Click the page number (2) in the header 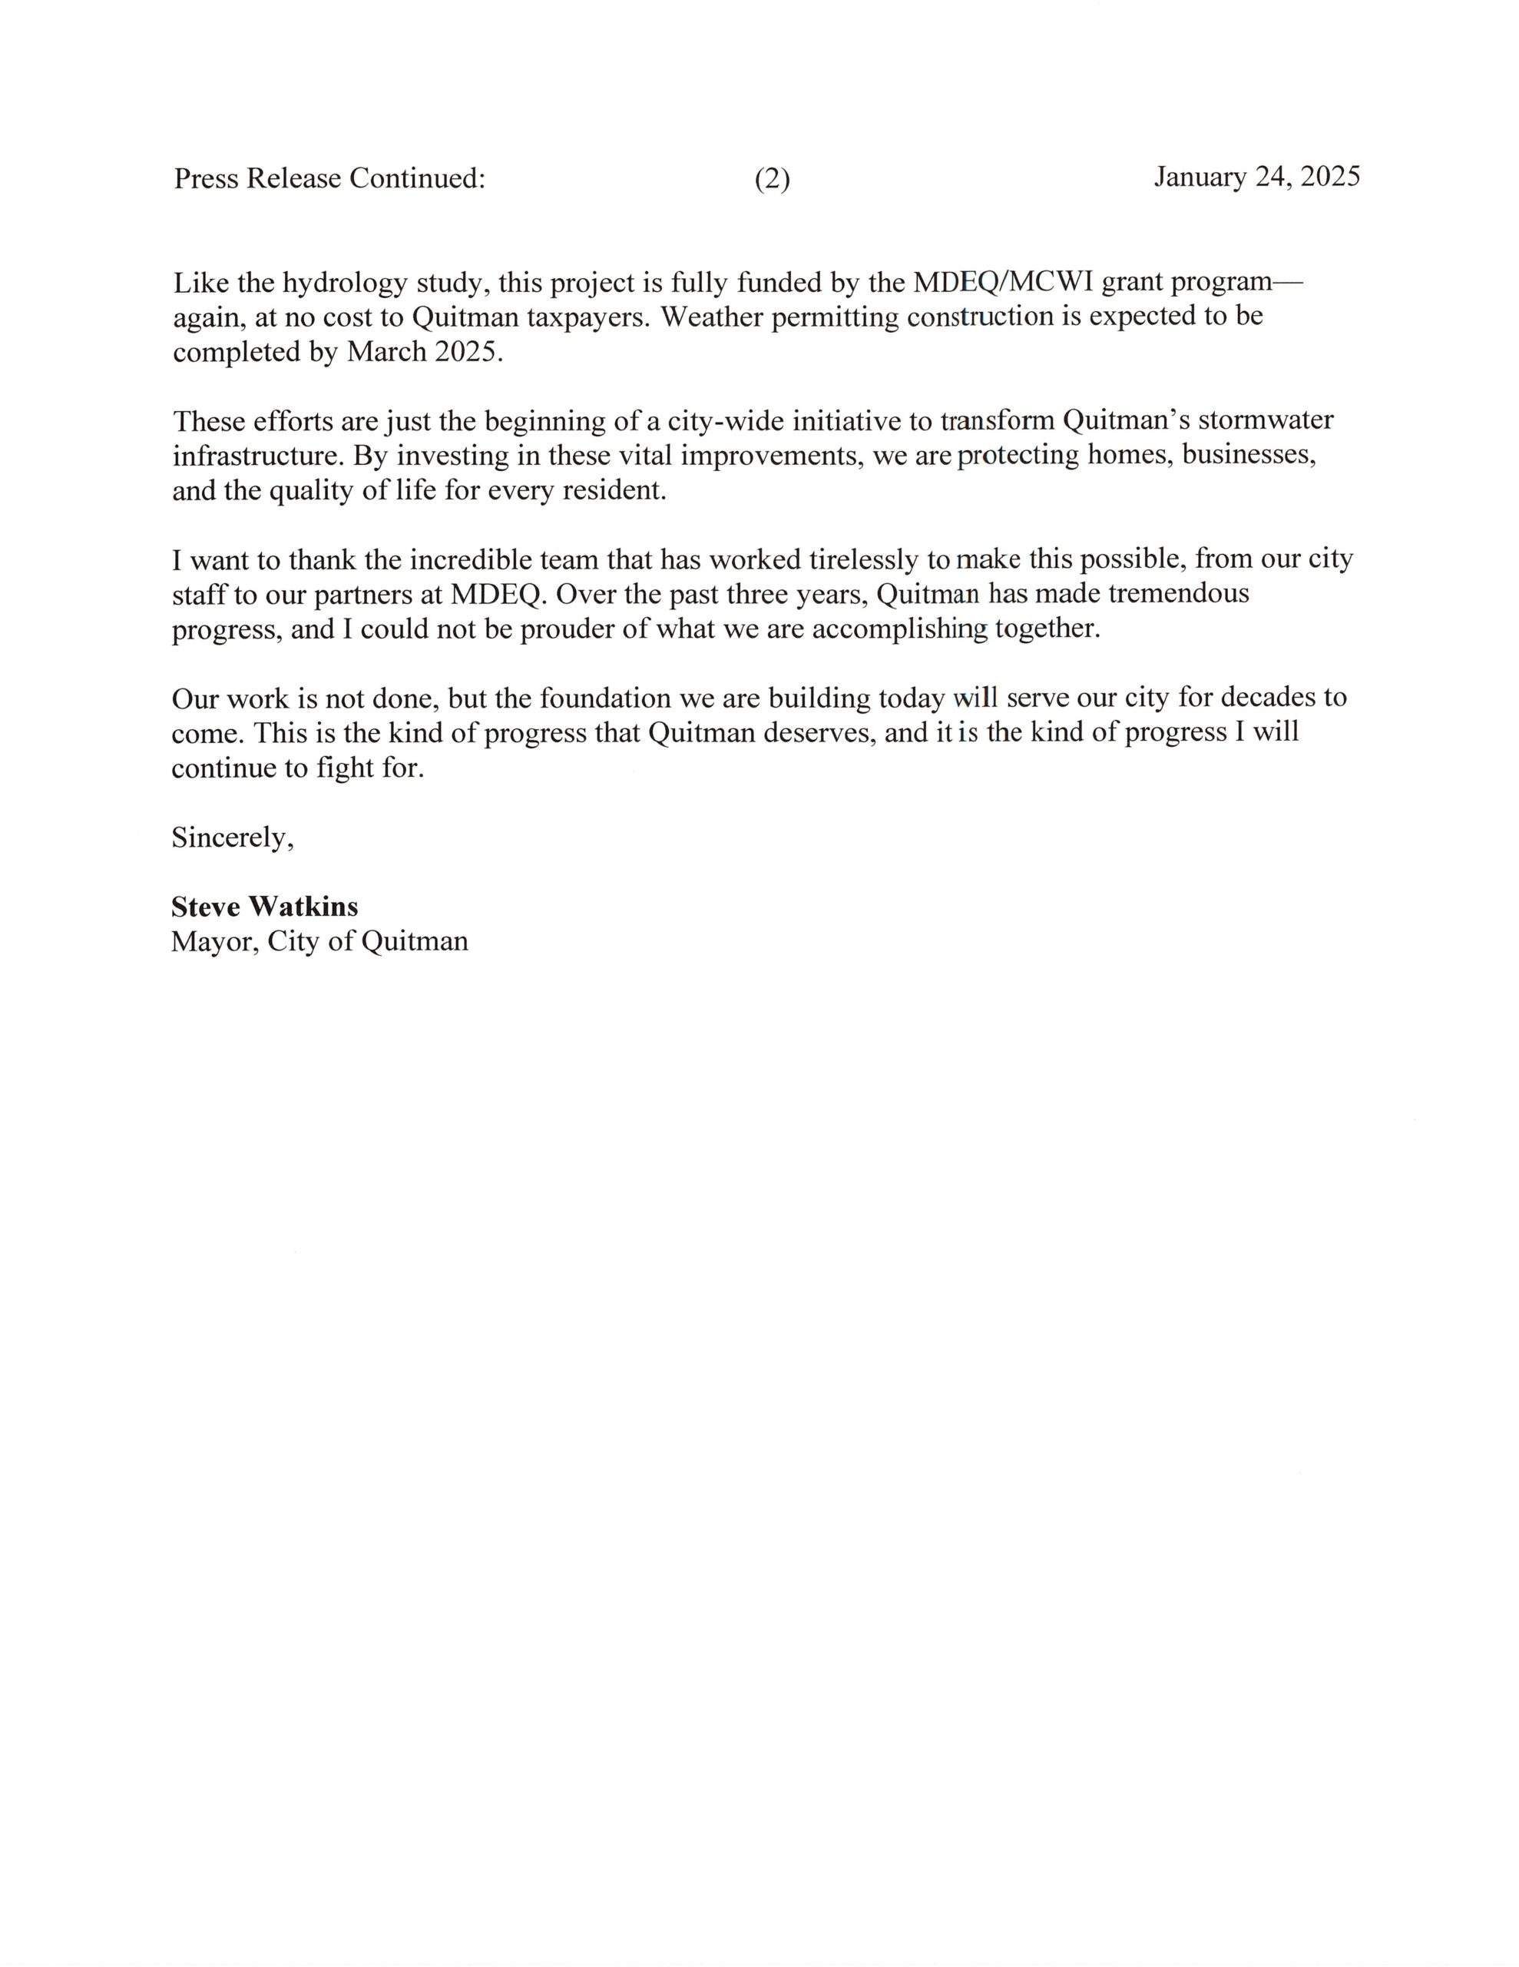[x=772, y=180]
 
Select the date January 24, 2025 [x=1256, y=177]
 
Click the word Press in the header [x=207, y=179]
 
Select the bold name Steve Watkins [x=265, y=906]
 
